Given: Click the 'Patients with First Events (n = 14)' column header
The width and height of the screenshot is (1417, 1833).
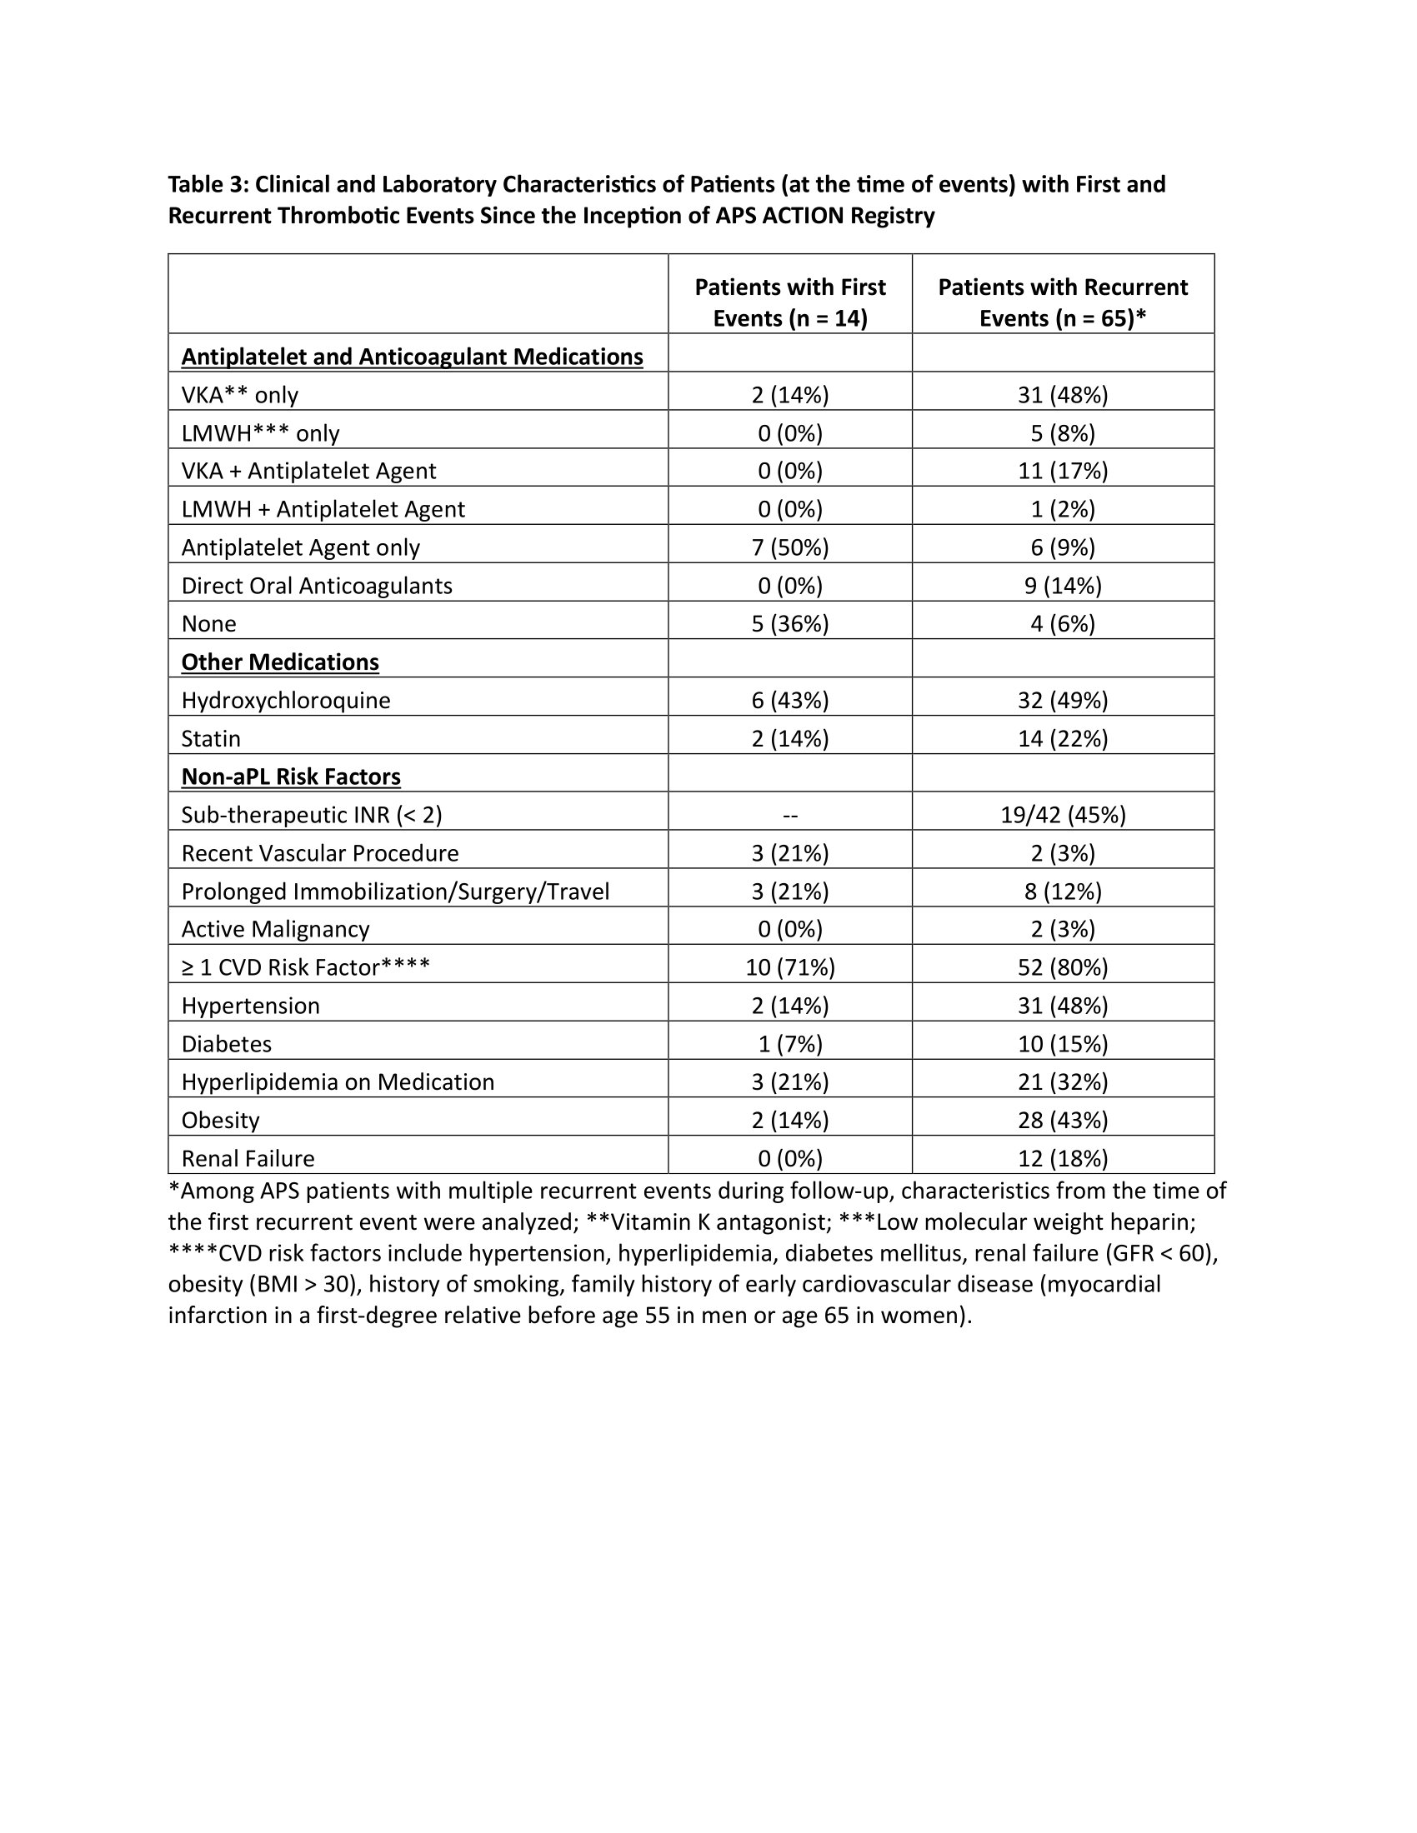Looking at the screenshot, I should tap(789, 302).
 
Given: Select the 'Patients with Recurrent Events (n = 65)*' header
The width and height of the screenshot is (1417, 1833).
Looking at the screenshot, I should tap(1062, 302).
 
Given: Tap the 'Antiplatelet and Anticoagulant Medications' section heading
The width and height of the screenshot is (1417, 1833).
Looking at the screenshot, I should tap(412, 357).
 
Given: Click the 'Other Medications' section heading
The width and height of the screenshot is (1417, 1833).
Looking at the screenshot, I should tap(280, 662).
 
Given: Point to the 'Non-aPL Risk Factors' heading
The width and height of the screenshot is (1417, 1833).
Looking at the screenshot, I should tap(290, 777).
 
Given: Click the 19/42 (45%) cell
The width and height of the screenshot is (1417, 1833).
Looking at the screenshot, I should tap(1063, 815).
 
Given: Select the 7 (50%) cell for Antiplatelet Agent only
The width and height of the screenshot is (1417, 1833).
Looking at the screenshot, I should tap(789, 547).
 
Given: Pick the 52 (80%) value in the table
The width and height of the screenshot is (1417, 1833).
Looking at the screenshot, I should tap(1063, 967).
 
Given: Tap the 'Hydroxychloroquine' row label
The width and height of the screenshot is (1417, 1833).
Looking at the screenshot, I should tap(286, 700).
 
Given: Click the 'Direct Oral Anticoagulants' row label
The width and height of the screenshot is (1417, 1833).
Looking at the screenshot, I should tap(317, 586).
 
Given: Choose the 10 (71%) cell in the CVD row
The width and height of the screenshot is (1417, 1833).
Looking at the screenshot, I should tap(789, 967).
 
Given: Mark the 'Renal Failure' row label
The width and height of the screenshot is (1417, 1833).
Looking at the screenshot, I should tap(248, 1158).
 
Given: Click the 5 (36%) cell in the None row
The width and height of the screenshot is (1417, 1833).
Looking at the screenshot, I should tap(789, 623).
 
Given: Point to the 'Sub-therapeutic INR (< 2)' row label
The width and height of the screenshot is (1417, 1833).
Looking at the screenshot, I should tap(312, 815).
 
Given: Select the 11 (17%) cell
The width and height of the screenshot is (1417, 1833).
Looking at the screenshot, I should tap(1063, 471).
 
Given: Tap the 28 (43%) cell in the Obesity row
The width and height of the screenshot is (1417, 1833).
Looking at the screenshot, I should tap(1063, 1121).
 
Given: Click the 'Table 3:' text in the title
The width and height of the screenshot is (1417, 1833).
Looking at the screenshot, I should tap(207, 184).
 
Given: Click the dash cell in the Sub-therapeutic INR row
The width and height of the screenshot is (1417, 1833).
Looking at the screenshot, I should tap(789, 815).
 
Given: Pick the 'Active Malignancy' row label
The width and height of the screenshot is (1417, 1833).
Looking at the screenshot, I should tap(275, 929).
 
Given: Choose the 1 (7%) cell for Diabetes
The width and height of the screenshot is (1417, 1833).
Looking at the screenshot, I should tap(789, 1044).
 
